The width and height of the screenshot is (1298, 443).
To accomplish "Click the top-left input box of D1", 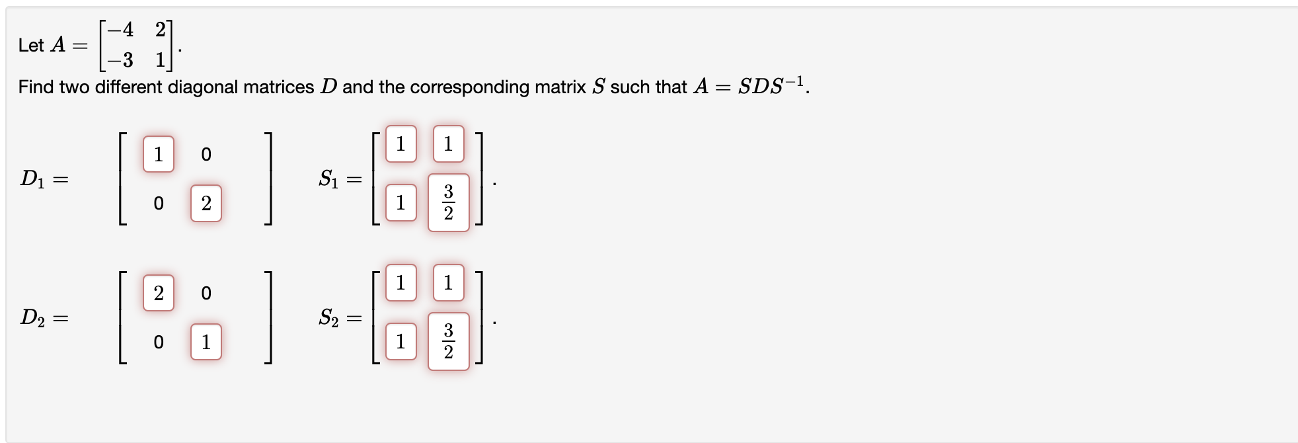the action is coord(159,154).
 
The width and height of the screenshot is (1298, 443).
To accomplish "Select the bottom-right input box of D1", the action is coord(206,203).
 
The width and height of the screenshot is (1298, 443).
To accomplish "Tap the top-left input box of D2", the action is coord(159,293).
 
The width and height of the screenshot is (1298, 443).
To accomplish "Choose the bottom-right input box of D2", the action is coord(206,342).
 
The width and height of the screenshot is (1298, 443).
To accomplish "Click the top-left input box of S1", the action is coord(401,143).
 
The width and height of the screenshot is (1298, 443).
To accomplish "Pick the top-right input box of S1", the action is coord(448,143).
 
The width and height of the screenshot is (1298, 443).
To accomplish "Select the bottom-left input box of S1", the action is coord(401,202).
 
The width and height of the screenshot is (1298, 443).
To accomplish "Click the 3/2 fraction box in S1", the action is coord(448,202).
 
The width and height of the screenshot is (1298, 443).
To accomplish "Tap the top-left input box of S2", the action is coord(401,282).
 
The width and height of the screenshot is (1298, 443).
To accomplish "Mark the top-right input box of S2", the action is coord(448,282).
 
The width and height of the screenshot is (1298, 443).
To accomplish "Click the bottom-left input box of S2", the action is coord(401,341).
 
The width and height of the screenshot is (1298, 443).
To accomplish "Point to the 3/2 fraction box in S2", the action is coord(448,341).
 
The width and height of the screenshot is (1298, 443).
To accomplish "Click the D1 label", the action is coord(32,179).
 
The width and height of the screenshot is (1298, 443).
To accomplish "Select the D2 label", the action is coord(32,318).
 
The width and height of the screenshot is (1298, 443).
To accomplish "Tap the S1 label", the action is coord(328,179).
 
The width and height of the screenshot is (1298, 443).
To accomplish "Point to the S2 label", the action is coord(328,318).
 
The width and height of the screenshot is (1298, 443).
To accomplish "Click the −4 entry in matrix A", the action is coord(120,30).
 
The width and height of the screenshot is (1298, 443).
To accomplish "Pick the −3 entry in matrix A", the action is coord(120,60).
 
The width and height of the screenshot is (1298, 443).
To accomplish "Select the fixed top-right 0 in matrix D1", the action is coord(206,155).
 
